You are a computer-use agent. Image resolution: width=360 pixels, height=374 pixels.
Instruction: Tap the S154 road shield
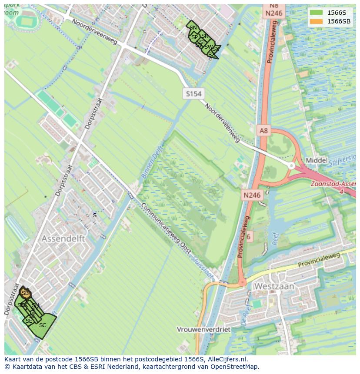[x=193, y=94]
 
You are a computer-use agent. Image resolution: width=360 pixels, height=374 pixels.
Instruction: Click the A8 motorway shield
[x=264, y=130]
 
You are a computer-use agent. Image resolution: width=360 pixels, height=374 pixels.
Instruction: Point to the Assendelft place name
[x=63, y=239]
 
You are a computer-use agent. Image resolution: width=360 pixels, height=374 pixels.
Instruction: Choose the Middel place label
[x=317, y=160]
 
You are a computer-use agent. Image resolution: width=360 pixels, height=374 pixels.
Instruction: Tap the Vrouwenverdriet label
[x=203, y=329]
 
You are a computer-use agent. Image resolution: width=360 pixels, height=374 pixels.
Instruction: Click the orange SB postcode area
[x=25, y=293]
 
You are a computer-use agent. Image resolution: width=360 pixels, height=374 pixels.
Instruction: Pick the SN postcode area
[x=193, y=28]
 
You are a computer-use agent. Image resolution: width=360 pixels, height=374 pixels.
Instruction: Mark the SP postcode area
[x=194, y=37]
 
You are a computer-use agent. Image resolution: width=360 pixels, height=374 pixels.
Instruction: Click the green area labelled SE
[x=29, y=321]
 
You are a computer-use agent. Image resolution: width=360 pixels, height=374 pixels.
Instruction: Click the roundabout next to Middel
[x=291, y=165]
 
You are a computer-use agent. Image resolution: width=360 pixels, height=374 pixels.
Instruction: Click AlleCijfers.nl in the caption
[x=227, y=359]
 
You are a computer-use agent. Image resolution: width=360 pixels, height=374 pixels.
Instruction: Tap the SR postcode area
[x=205, y=36]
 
